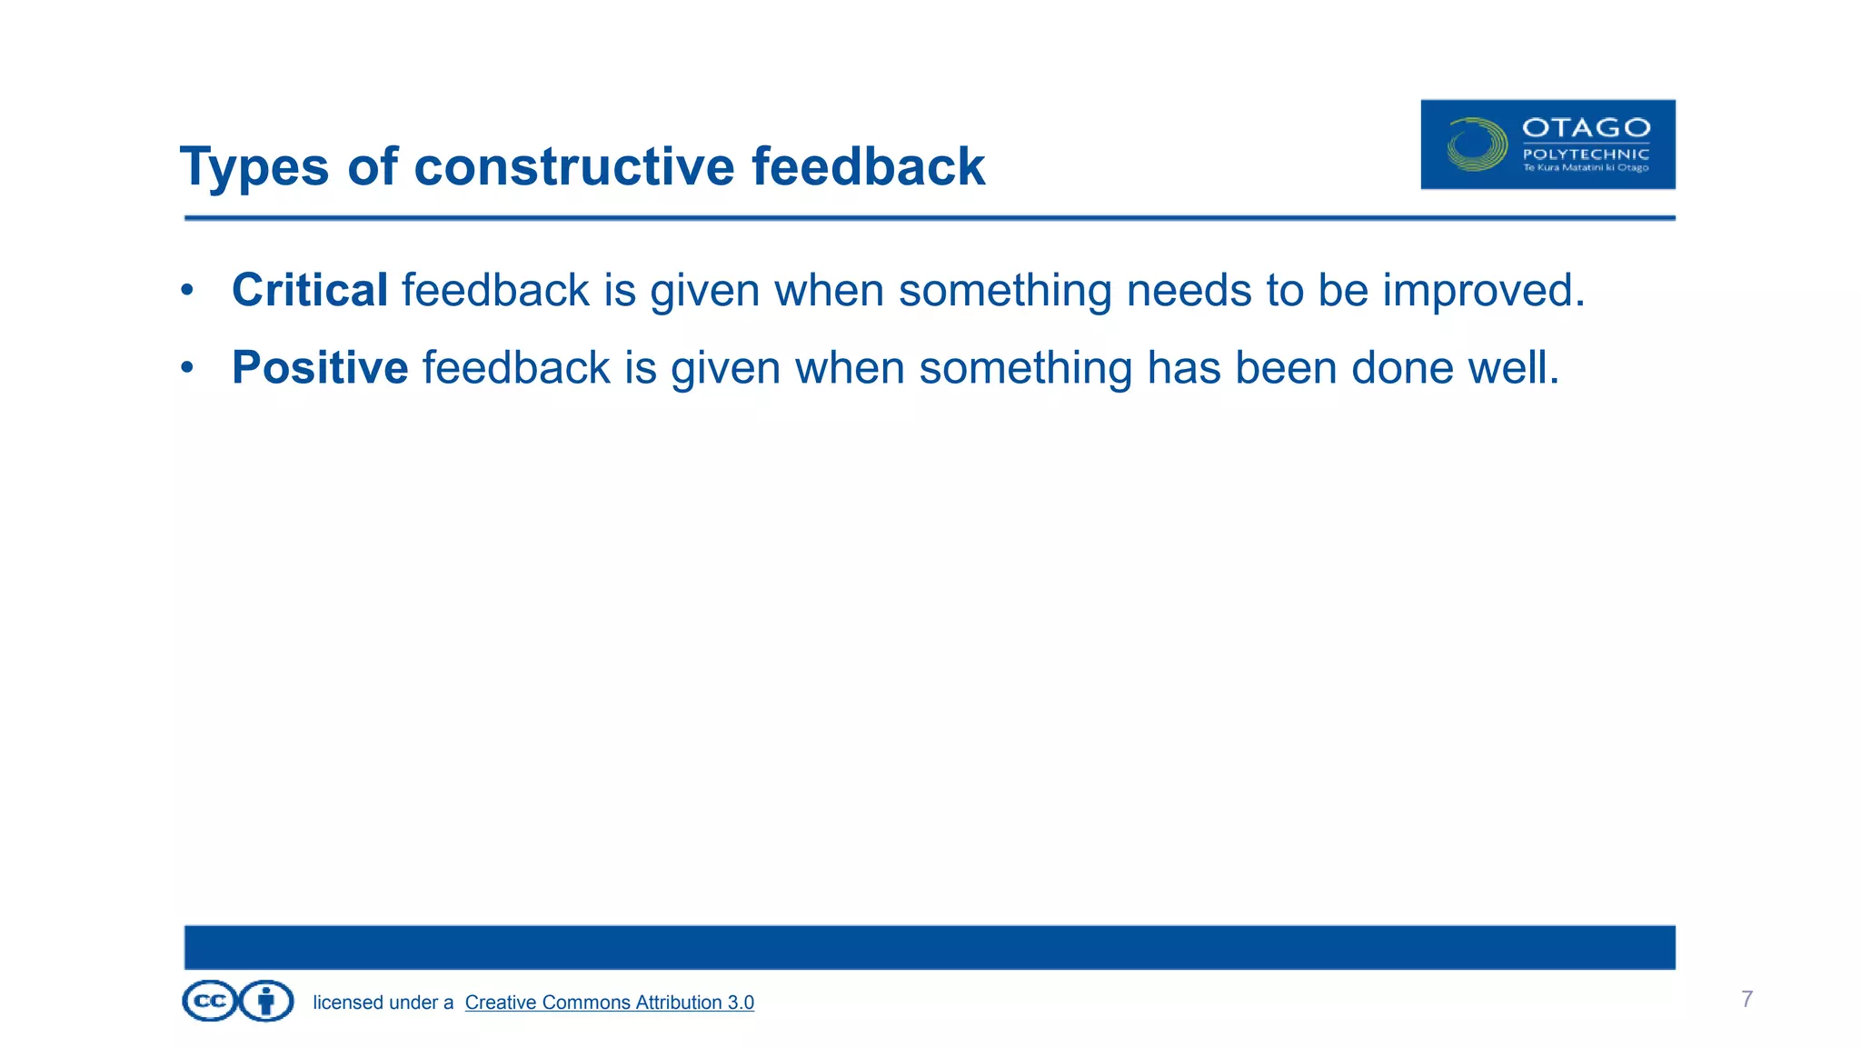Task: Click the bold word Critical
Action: (310, 291)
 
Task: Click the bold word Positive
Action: (320, 368)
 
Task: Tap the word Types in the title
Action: (254, 167)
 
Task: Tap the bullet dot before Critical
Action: (187, 291)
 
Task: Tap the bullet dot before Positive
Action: (187, 368)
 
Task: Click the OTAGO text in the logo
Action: (1586, 128)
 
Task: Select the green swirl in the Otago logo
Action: (1476, 145)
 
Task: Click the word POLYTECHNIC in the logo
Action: (1586, 155)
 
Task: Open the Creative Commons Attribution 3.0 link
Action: (609, 1002)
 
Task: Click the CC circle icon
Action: (210, 1002)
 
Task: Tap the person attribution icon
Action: (266, 1002)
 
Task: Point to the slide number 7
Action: (1747, 999)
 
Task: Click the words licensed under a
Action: (383, 1002)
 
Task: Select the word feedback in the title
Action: (868, 167)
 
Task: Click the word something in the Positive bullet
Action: (1024, 368)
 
